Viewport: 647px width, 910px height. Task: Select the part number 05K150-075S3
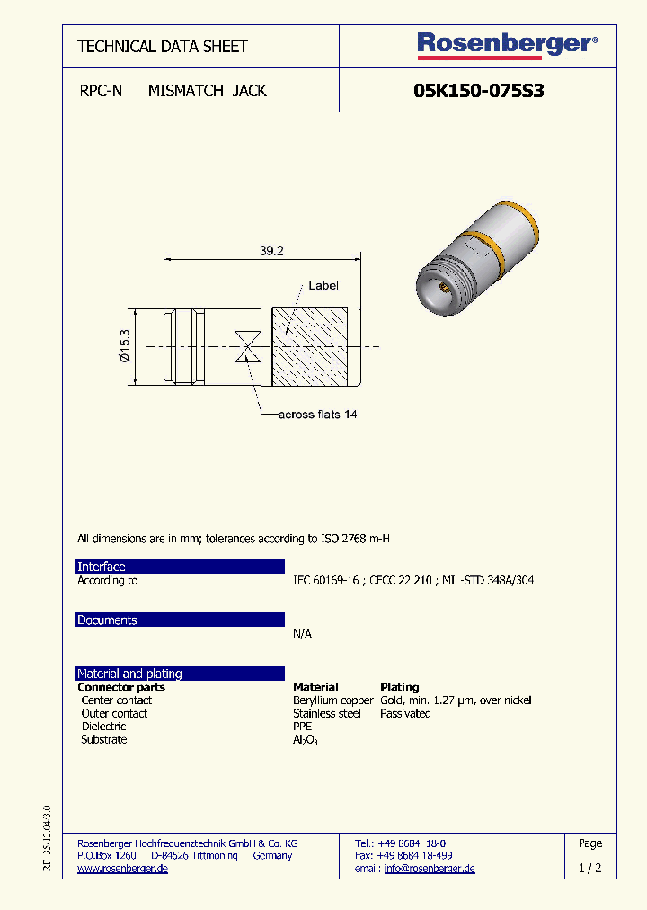click(478, 91)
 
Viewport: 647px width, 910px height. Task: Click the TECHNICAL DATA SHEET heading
click(163, 47)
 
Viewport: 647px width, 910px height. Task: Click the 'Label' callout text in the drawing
click(323, 285)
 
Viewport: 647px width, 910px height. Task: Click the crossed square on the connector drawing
click(248, 346)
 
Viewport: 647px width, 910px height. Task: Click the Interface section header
click(102, 567)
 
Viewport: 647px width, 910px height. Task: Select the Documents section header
click(107, 620)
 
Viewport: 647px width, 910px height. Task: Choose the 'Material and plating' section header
click(129, 674)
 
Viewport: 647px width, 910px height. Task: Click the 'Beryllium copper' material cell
click(332, 700)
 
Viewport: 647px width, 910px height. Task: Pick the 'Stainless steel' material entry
click(327, 714)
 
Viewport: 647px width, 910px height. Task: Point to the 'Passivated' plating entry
click(405, 714)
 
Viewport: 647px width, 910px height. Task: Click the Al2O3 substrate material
click(306, 740)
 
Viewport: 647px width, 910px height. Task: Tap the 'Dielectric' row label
click(103, 727)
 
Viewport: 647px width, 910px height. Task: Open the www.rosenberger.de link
click(122, 869)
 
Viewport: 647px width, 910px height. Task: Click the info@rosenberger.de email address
click(430, 869)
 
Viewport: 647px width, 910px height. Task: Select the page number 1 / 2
click(590, 869)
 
